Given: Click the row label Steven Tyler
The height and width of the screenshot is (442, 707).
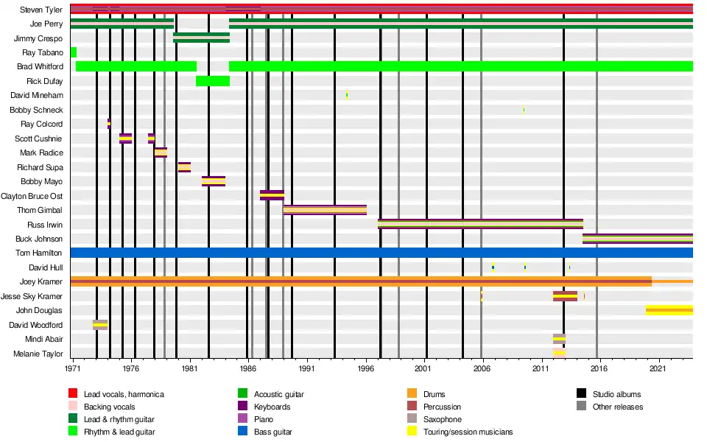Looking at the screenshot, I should point(41,10).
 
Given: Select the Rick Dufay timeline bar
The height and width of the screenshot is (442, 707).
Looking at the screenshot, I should point(213,81).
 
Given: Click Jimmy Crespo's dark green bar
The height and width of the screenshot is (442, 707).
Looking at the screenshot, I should point(201,38).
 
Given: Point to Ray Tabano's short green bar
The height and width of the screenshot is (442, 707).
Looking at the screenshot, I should point(74,52).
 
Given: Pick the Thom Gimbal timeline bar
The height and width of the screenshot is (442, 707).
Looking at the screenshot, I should point(325,210).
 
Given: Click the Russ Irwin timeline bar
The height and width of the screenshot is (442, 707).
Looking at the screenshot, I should point(480,224).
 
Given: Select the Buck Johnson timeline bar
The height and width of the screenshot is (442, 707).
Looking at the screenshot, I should point(637,239).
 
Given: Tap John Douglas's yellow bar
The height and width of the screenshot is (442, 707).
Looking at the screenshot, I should point(669,310).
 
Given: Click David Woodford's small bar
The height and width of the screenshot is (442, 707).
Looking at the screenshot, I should point(100,325).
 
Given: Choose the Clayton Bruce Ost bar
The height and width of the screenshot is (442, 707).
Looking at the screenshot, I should point(272,195).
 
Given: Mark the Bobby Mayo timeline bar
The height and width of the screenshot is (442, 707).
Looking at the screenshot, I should point(214,181).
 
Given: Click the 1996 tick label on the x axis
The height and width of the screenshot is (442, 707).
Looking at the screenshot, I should point(365,367).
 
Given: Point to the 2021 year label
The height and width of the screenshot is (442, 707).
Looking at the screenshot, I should point(658,367).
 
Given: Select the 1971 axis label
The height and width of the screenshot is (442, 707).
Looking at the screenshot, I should point(73,367).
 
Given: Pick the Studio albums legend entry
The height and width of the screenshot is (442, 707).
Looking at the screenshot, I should point(616,395).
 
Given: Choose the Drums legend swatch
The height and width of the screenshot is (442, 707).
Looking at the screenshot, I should point(412,395).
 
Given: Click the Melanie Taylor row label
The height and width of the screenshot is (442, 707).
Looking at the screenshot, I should point(38,354).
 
